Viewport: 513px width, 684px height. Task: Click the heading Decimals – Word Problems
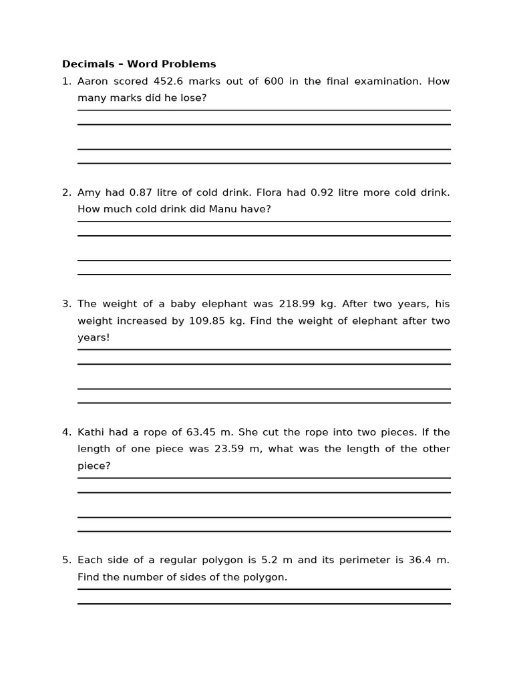coord(139,64)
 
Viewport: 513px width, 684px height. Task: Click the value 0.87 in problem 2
coord(141,192)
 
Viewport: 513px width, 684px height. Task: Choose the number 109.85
coord(207,321)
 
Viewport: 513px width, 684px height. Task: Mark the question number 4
coord(66,432)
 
